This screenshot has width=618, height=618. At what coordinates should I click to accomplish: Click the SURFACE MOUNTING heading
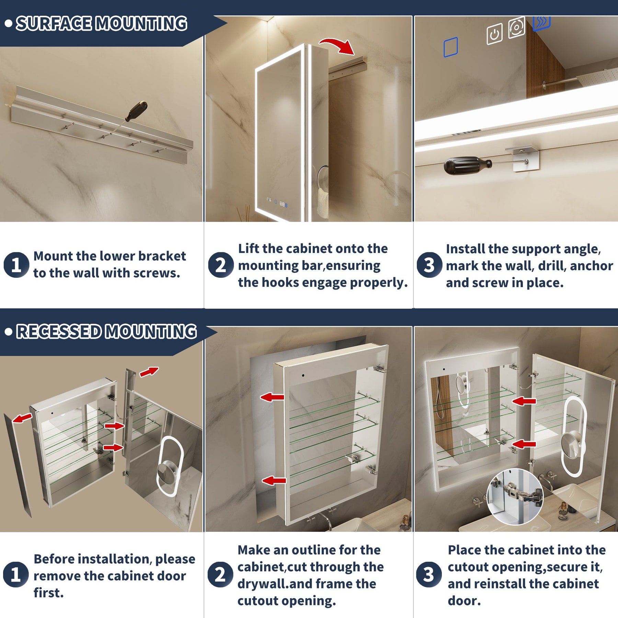(x=102, y=24)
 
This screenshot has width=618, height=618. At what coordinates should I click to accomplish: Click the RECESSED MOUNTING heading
(x=106, y=332)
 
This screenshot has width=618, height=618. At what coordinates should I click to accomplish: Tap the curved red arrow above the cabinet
(x=337, y=46)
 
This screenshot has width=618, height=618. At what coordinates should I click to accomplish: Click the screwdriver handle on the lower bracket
(x=137, y=111)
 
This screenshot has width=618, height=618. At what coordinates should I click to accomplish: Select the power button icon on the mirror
(x=494, y=34)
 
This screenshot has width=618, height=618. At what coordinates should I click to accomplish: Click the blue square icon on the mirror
(x=450, y=47)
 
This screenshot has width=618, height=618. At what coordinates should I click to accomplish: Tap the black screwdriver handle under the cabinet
(x=467, y=165)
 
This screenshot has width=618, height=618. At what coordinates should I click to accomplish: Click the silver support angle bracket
(x=522, y=158)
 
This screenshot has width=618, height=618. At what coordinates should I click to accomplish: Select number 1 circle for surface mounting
(x=16, y=265)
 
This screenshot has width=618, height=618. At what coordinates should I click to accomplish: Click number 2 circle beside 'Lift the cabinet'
(x=221, y=265)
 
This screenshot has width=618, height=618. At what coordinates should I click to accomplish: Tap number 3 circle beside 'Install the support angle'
(x=429, y=265)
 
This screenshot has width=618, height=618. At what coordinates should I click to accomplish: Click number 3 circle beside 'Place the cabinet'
(x=429, y=574)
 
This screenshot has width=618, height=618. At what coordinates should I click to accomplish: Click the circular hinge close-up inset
(x=515, y=496)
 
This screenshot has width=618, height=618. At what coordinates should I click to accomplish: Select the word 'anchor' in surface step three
(x=591, y=266)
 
